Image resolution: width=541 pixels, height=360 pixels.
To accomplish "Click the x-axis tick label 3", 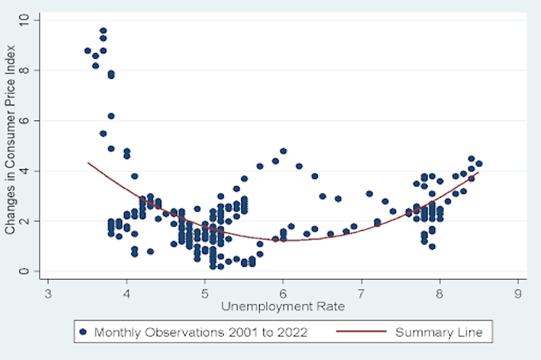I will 48,294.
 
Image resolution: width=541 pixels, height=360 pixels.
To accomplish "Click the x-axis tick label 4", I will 126,294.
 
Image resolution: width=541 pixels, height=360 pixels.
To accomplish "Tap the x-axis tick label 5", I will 204,294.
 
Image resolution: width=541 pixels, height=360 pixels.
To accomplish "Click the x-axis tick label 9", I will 517,294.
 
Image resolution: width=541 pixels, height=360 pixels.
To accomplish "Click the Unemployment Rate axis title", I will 283,306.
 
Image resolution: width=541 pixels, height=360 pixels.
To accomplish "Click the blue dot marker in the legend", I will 83,332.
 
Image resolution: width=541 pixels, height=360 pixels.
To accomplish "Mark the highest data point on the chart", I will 103,31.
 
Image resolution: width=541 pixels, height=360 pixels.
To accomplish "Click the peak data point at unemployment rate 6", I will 283,151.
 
